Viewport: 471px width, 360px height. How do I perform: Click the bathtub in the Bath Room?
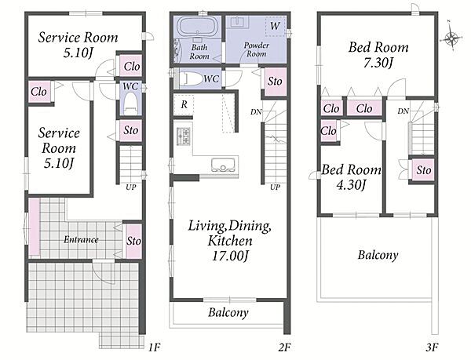197,27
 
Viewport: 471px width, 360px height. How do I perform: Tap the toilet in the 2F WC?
190,78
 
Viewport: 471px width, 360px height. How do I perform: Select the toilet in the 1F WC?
130,103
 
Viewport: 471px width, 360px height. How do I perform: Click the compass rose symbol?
451,38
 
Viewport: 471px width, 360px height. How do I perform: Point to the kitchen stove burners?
183,136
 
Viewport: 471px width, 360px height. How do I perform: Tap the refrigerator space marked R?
184,104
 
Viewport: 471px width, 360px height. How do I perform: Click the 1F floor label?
155,347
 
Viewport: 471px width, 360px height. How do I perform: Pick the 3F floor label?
432,347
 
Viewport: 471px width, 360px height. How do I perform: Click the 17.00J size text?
230,256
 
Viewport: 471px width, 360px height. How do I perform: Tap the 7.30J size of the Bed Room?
378,63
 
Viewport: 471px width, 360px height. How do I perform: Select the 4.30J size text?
351,185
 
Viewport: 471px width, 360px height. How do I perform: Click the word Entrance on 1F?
81,239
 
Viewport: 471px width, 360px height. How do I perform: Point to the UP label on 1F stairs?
130,187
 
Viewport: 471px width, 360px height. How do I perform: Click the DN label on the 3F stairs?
403,111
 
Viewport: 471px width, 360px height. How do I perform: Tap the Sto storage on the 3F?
423,170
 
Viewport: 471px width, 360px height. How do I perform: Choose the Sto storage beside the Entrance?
133,241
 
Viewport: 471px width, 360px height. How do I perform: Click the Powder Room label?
256,49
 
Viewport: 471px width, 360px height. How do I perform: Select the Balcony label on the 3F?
378,255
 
